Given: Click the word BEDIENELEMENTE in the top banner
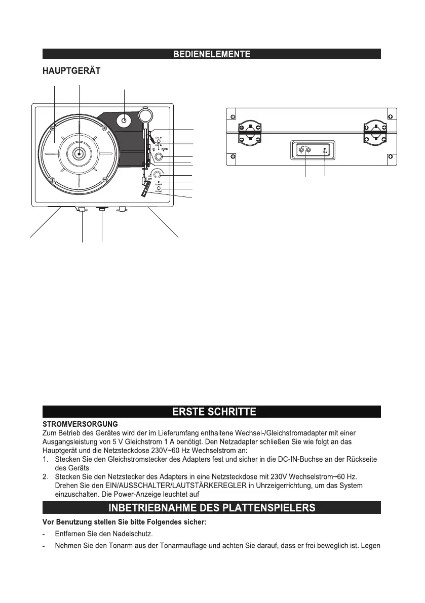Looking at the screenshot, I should (211, 54).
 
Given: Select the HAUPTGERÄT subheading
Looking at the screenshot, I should (71, 72).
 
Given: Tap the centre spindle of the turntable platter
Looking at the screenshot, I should (80, 153).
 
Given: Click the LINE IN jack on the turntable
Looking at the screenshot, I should (159, 141).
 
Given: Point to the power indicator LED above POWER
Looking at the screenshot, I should (159, 181).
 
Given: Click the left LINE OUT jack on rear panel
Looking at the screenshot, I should (302, 150).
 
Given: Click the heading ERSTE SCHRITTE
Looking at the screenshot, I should (211, 412).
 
